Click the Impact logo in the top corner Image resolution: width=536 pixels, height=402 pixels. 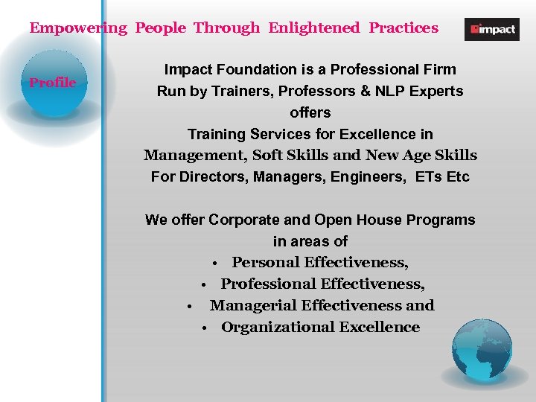tap(491, 30)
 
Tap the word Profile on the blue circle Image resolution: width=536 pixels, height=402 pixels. tap(52, 83)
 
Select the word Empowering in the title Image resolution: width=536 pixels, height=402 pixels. tap(78, 28)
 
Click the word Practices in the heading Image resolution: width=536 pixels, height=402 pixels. tap(403, 28)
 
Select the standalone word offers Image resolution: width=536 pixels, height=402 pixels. tap(310, 113)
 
